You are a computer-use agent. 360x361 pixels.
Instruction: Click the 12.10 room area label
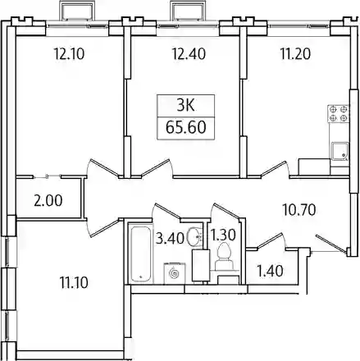(x=70, y=54)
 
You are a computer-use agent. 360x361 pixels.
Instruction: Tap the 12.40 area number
(x=189, y=54)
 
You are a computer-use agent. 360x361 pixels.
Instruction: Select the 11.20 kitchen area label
(x=295, y=54)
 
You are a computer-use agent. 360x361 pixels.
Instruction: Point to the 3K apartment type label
(x=185, y=105)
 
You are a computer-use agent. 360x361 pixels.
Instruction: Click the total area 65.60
(x=185, y=127)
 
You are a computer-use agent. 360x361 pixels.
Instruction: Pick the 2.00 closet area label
(x=48, y=200)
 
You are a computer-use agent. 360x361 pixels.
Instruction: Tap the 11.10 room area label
(x=74, y=282)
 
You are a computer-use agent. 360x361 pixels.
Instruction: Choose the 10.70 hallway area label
(x=299, y=210)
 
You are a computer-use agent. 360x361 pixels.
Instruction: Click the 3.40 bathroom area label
(x=170, y=238)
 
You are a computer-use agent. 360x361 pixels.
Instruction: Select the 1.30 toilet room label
(x=222, y=235)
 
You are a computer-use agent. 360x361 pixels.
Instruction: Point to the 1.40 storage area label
(x=271, y=271)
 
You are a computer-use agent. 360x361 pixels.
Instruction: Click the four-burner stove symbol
(x=339, y=113)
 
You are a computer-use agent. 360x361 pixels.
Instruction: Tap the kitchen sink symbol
(x=339, y=151)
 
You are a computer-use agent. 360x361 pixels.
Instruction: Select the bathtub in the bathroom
(x=141, y=254)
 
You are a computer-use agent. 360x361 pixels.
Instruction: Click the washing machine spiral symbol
(x=175, y=273)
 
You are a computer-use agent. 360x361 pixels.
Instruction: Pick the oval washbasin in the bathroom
(x=195, y=237)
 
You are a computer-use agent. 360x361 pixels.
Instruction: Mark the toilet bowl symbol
(x=225, y=256)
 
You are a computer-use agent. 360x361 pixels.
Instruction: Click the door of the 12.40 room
(x=157, y=168)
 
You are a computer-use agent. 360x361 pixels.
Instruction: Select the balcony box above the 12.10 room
(x=78, y=11)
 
